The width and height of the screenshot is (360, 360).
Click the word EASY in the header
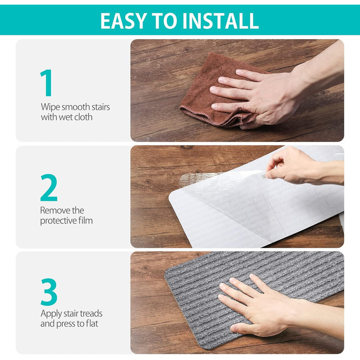point(124,21)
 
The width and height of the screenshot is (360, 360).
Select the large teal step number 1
point(46,83)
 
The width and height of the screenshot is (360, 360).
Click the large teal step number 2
point(49,188)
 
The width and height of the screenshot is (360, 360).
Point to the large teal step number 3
point(49,292)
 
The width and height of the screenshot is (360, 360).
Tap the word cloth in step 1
point(83,117)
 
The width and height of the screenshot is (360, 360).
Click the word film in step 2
point(85,221)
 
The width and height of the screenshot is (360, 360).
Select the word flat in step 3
point(92,323)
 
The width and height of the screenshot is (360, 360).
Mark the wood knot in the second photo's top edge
point(186,147)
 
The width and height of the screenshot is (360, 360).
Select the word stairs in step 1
point(101,107)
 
